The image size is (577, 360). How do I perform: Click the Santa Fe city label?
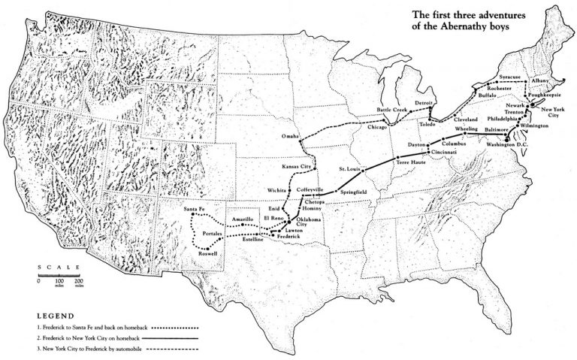click(x=195, y=208)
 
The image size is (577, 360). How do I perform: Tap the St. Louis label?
click(x=352, y=168)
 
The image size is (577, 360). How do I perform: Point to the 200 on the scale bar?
click(x=78, y=282)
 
